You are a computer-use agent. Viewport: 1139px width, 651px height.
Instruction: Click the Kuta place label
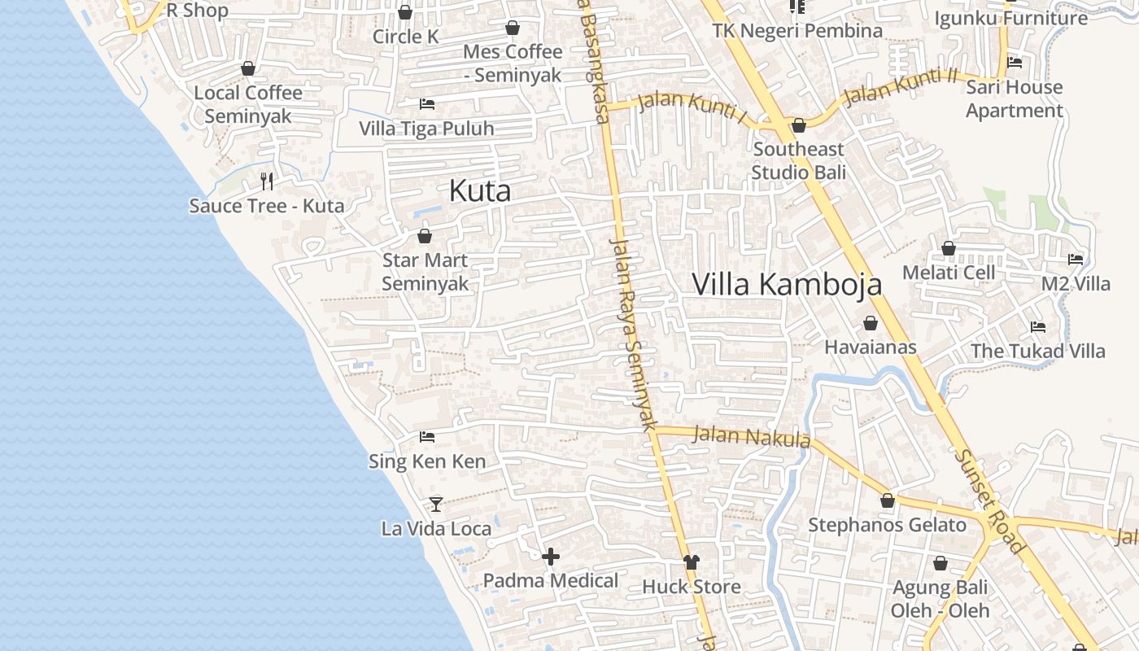(x=480, y=191)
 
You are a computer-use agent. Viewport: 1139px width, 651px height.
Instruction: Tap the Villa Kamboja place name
(x=787, y=284)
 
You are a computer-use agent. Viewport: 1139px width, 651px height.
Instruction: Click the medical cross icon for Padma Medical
(x=551, y=557)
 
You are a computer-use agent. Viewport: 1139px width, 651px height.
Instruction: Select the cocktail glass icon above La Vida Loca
(x=436, y=505)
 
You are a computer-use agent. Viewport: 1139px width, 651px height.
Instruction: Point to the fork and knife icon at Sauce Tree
(x=267, y=181)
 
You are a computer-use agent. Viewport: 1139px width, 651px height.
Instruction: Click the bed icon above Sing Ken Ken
(x=427, y=437)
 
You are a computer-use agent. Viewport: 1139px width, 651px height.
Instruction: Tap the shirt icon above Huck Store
(x=692, y=561)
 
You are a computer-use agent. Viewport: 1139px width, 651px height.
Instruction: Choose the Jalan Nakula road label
(x=751, y=437)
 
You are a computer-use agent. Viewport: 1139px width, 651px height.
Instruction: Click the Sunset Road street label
(x=989, y=501)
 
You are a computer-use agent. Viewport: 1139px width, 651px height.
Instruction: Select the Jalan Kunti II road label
(x=901, y=86)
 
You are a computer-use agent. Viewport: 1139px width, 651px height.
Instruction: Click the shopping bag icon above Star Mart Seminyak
(x=424, y=236)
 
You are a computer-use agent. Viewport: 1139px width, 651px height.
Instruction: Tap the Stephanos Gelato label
(x=887, y=525)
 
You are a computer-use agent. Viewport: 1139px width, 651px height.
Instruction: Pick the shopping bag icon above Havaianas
(x=871, y=323)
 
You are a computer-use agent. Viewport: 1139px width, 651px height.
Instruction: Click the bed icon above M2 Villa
(x=1076, y=260)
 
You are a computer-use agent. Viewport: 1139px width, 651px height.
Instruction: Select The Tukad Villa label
(x=1038, y=351)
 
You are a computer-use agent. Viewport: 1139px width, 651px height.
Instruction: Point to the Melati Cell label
(x=949, y=272)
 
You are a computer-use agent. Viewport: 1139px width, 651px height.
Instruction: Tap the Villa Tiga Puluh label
(x=426, y=129)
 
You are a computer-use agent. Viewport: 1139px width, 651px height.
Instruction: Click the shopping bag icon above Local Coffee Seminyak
(x=248, y=68)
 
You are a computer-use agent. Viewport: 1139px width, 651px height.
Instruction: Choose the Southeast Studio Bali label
(x=798, y=160)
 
